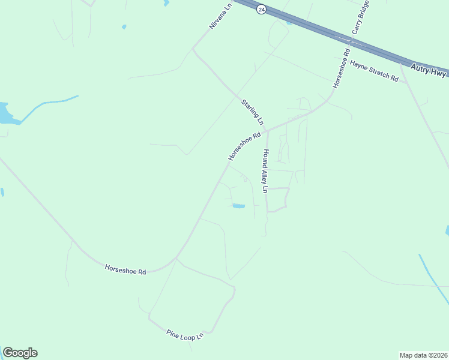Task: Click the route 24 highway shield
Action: [x=261, y=10]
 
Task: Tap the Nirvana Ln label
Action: [x=220, y=17]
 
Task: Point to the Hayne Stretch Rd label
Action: [x=375, y=71]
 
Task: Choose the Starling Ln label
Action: [x=252, y=112]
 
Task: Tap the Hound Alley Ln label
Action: [x=263, y=172]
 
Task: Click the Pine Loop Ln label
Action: [x=185, y=335]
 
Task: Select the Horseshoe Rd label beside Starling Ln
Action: [x=244, y=146]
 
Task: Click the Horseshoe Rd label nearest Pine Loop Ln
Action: [x=125, y=270]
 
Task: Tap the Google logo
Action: [x=20, y=353]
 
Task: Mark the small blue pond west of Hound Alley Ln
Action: [x=238, y=206]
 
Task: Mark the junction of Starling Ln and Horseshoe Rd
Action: [x=267, y=130]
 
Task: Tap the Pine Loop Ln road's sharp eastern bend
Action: [x=234, y=290]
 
